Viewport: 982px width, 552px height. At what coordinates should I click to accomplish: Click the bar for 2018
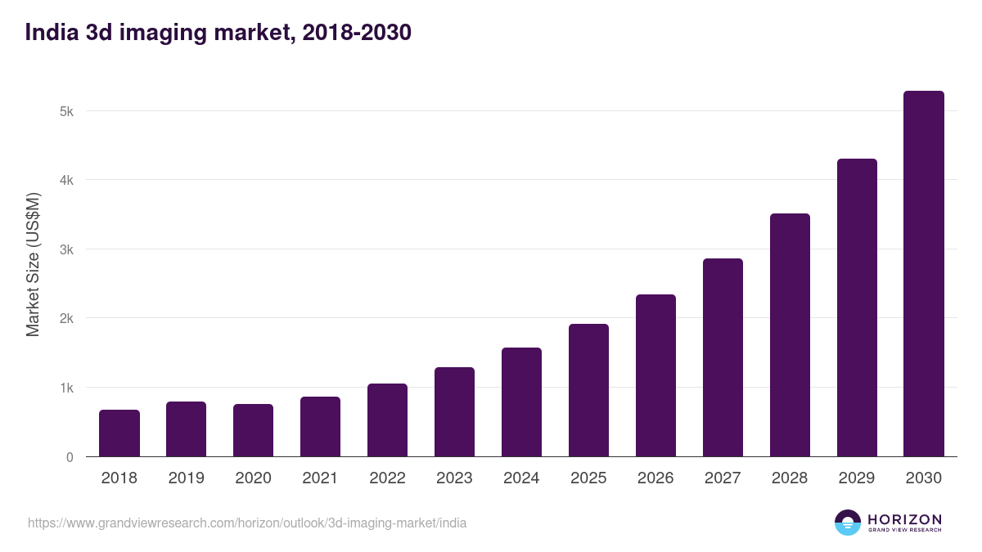pyautogui.click(x=119, y=433)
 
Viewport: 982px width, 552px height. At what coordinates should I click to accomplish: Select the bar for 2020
pyautogui.click(x=254, y=431)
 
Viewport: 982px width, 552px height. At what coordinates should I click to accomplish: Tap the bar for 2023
pyautogui.click(x=454, y=412)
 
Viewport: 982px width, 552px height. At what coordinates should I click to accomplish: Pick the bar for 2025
pyautogui.click(x=588, y=391)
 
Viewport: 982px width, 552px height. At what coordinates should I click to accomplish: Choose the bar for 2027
pyautogui.click(x=723, y=358)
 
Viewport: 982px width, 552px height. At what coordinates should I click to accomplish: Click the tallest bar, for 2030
pyautogui.click(x=924, y=274)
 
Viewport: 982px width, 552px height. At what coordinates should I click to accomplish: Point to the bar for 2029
pyautogui.click(x=857, y=308)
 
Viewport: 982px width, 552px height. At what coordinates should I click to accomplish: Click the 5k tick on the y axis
pyautogui.click(x=67, y=111)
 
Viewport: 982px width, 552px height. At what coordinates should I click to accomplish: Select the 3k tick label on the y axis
pyautogui.click(x=67, y=249)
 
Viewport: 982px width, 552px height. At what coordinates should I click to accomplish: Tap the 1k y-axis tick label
pyautogui.click(x=67, y=388)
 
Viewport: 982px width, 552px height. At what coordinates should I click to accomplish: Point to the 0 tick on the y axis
pyautogui.click(x=70, y=457)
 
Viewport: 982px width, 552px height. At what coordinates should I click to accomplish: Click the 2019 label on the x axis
pyautogui.click(x=187, y=478)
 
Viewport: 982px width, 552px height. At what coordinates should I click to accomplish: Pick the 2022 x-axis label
pyautogui.click(x=387, y=478)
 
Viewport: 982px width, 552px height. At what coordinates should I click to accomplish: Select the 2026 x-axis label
pyautogui.click(x=655, y=478)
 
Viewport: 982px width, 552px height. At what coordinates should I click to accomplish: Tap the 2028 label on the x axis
pyautogui.click(x=790, y=478)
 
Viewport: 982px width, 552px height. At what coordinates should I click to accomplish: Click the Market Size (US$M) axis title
pyautogui.click(x=33, y=263)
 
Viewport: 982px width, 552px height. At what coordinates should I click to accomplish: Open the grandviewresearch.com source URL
pyautogui.click(x=247, y=523)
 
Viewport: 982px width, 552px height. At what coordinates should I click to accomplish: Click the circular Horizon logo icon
pyautogui.click(x=848, y=523)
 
